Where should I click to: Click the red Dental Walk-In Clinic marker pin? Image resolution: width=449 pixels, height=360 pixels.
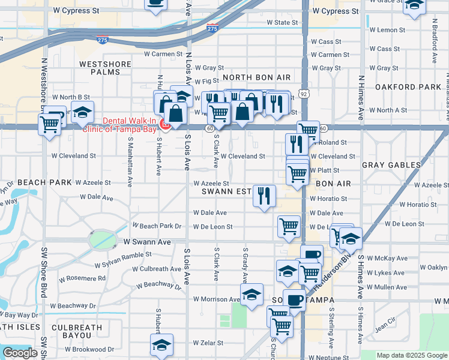pyautogui.click(x=165, y=124)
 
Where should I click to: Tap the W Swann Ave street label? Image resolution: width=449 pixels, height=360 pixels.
pyautogui.click(x=147, y=242)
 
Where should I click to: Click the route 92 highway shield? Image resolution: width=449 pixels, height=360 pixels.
pyautogui.click(x=305, y=94)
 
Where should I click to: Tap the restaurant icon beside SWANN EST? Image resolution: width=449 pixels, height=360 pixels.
pyautogui.click(x=264, y=196)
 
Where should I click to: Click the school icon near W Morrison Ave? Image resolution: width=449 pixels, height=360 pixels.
pyautogui.click(x=252, y=295)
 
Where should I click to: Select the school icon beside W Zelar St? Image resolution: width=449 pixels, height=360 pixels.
pyautogui.click(x=161, y=345)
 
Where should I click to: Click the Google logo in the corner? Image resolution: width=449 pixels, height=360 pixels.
pyautogui.click(x=20, y=353)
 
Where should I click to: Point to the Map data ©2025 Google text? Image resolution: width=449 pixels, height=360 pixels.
pyautogui.click(x=412, y=355)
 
